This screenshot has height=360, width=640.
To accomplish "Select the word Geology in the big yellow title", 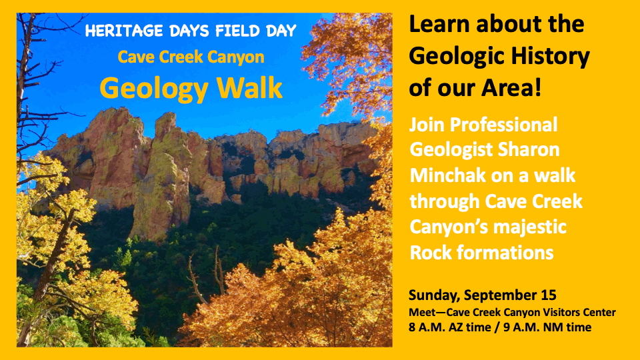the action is (154, 89).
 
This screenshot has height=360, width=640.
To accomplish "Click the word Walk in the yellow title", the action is (249, 87).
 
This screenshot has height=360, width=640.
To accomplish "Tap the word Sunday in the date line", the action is (433, 295).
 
